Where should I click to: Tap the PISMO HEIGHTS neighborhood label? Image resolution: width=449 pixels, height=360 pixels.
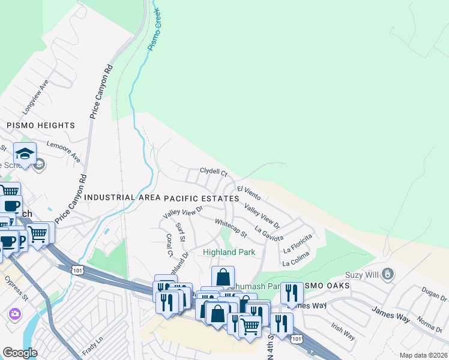point(41,125)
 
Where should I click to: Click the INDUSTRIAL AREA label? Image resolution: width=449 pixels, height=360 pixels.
point(122,197)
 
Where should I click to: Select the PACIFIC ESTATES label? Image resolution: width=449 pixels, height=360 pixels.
point(202,197)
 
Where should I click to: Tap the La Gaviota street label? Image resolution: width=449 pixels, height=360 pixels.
point(268,234)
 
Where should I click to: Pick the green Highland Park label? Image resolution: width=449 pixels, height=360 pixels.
point(229,253)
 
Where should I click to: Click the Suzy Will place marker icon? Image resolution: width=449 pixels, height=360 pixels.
point(388,274)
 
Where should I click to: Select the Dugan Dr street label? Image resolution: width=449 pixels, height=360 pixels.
point(434,294)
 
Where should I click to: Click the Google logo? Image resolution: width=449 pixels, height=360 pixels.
point(20,352)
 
